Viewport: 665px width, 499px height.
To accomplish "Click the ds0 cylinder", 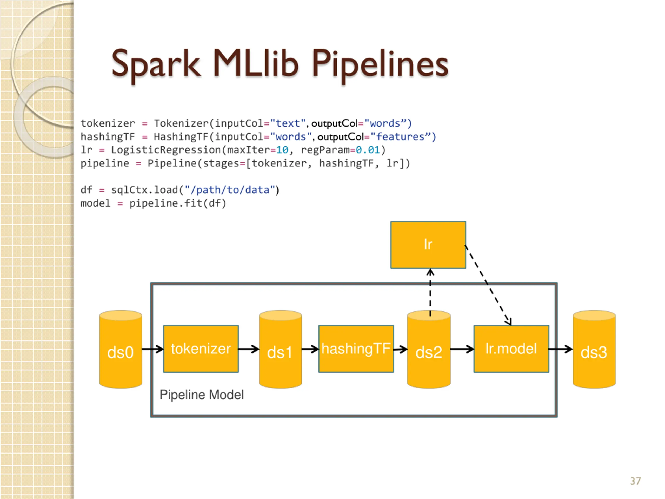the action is (121, 349).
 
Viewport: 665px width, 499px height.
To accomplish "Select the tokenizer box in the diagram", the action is (201, 349).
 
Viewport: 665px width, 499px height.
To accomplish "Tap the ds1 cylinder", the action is (281, 349).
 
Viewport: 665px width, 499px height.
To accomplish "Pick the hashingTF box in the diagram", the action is (356, 349).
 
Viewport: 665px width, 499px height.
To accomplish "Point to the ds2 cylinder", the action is (429, 349).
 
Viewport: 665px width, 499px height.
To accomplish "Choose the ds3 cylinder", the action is (594, 349).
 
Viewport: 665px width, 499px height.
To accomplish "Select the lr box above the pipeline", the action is (428, 245).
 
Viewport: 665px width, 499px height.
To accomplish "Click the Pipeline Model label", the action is (201, 395).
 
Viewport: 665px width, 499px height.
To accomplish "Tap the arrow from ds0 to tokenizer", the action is (153, 349).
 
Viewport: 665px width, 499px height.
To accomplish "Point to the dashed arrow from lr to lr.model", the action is (488, 285).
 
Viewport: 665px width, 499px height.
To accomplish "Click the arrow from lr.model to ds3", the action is (561, 349).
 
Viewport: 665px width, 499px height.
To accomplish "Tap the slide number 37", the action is (636, 481).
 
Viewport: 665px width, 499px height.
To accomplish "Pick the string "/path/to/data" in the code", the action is (230, 190).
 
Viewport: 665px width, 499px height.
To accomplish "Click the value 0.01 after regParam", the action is (368, 150).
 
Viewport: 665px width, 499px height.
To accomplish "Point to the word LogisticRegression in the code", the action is (166, 150).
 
